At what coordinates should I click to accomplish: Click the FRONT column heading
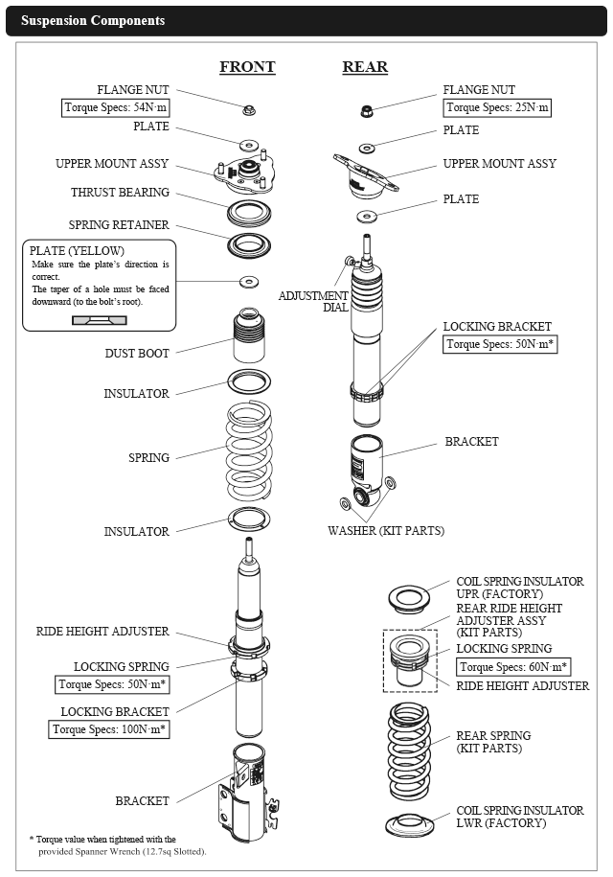[x=247, y=67]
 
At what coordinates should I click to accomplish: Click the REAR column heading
[x=365, y=67]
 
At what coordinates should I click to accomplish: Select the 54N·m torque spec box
[x=116, y=107]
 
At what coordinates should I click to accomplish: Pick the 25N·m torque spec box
[x=498, y=107]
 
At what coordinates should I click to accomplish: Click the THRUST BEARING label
[x=120, y=193]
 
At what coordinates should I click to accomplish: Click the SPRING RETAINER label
[x=119, y=225]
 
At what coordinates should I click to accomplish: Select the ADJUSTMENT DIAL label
[x=314, y=301]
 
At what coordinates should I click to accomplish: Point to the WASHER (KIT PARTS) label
[x=386, y=530]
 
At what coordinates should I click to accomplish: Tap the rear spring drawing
[x=410, y=753]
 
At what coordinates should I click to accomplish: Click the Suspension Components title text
[x=93, y=20]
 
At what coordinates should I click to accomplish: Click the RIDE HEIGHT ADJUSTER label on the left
[x=102, y=632]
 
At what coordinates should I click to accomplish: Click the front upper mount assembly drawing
[x=247, y=173]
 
